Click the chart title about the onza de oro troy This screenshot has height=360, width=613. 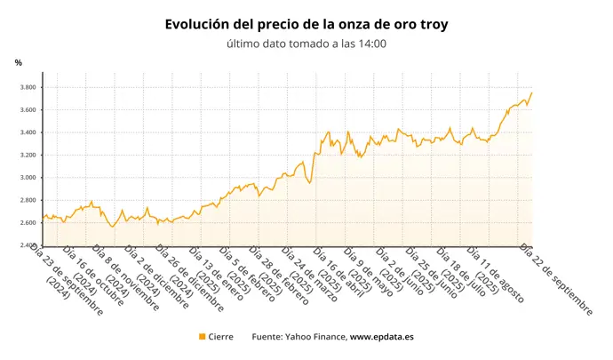pos(306,25)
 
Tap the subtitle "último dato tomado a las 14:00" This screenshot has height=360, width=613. pos(306,44)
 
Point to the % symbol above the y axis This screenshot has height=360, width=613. pos(18,62)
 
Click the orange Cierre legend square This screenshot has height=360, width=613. pos(203,337)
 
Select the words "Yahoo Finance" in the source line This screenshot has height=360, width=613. pos(317,337)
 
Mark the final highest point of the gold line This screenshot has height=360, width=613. pos(531,92)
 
